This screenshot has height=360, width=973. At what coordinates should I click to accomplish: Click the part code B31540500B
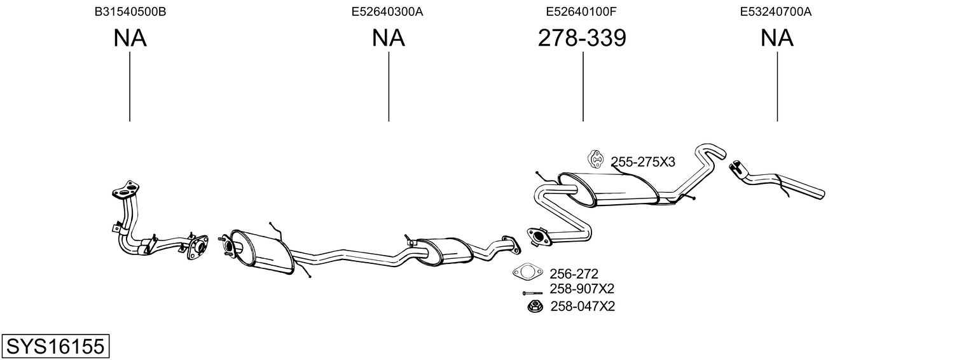[130, 11]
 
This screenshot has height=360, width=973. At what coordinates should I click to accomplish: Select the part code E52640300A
[387, 11]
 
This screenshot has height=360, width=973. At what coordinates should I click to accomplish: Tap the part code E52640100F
[581, 11]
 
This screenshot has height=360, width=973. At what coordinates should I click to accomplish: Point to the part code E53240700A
[776, 11]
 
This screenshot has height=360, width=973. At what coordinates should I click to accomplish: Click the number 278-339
[582, 38]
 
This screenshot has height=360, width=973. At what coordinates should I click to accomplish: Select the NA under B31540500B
[130, 38]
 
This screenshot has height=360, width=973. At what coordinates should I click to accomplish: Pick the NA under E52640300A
[388, 38]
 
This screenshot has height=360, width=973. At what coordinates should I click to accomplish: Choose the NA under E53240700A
[776, 38]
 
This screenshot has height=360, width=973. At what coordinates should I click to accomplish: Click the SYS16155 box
[55, 347]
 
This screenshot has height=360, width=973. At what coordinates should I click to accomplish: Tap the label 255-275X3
[643, 162]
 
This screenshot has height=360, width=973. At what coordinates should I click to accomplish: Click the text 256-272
[574, 274]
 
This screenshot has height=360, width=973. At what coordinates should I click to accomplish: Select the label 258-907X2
[582, 289]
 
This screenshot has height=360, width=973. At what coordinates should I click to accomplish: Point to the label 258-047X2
[583, 307]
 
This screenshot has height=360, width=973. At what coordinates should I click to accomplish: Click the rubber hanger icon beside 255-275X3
[596, 160]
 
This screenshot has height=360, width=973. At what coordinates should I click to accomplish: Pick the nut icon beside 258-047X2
[534, 307]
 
